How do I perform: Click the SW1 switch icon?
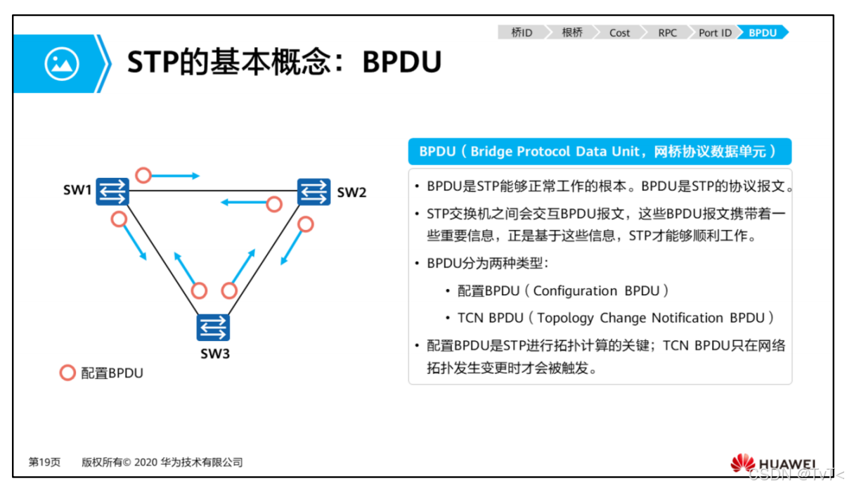pos(113,190)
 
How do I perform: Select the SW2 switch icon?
pos(313,191)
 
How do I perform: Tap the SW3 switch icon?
pos(213,328)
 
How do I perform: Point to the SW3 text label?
pos(214,354)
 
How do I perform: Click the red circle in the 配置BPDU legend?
pos(67,373)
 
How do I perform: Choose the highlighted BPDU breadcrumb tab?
pos(763,32)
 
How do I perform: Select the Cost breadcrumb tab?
pos(619,32)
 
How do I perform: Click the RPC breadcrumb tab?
pos(668,32)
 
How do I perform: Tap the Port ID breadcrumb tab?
pos(715,32)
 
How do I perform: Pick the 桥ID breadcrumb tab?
pos(522,32)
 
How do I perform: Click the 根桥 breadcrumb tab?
pos(572,32)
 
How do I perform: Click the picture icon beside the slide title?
pos(62,64)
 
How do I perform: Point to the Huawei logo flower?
pos(742,463)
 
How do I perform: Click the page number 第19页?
pos(44,462)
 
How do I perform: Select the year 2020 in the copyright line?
pos(146,462)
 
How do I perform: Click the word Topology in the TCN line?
pos(565,318)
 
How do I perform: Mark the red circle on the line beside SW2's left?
pos(274,205)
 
